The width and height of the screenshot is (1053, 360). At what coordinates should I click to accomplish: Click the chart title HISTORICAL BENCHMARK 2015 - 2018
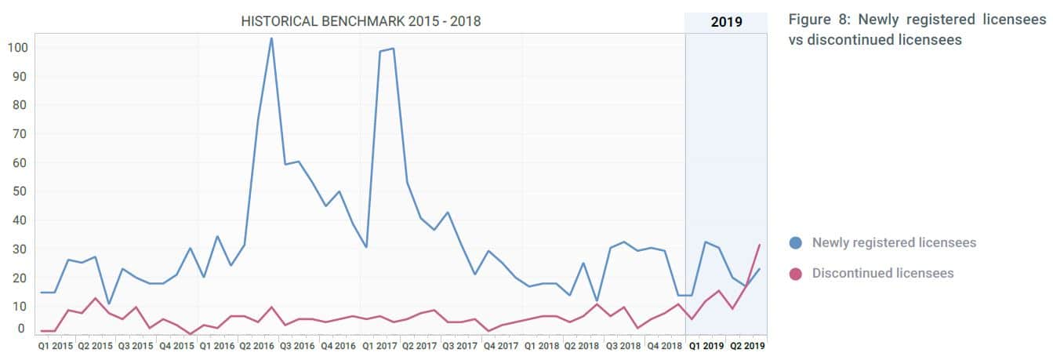[361, 21]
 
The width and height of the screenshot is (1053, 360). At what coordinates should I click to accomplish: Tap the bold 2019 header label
[726, 22]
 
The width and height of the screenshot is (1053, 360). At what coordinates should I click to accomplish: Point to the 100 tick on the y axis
[17, 47]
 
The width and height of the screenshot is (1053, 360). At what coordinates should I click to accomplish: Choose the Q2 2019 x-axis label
[746, 345]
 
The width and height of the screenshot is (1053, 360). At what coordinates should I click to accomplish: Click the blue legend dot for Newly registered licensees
[796, 243]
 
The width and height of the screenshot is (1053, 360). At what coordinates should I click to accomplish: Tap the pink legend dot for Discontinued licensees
[796, 274]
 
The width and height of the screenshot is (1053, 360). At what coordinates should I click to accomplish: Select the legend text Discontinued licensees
[883, 274]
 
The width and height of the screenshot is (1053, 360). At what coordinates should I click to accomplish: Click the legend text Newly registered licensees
[894, 243]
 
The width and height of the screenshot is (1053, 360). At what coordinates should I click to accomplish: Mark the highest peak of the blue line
[271, 38]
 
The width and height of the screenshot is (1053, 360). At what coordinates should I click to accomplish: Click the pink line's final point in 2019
[760, 245]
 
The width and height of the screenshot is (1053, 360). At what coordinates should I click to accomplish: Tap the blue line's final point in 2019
[760, 269]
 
